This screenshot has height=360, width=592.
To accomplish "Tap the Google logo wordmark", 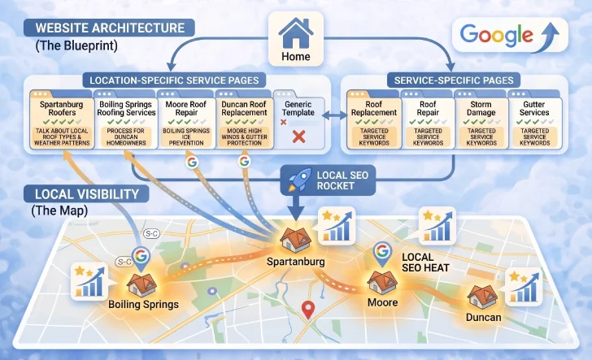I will click(x=498, y=35).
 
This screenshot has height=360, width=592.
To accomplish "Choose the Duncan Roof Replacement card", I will click(x=244, y=119).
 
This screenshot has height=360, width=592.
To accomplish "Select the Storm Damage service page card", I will click(x=481, y=119).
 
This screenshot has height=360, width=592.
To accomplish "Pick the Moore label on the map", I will click(x=382, y=302).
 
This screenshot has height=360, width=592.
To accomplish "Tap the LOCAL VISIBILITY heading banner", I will click(x=88, y=195).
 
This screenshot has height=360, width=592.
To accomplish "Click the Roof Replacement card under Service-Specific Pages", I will click(x=374, y=119).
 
